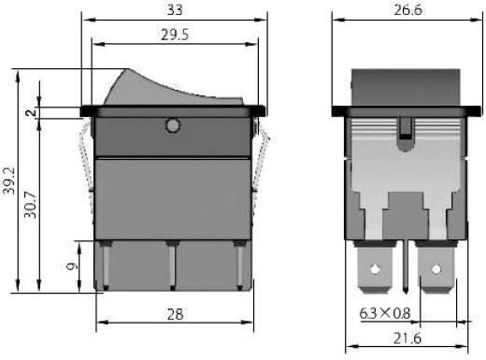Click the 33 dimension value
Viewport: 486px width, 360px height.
(x=175, y=9)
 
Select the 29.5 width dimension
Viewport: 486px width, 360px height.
(x=175, y=35)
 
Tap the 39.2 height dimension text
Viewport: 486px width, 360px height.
(x=9, y=180)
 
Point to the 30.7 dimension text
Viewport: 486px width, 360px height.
(x=30, y=205)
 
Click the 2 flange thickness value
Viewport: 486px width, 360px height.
(x=31, y=112)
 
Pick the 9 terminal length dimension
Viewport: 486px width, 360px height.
(x=72, y=266)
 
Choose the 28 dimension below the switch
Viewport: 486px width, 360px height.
(x=175, y=314)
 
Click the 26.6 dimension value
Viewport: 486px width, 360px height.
(x=407, y=10)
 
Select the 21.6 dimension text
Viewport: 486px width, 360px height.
(x=407, y=338)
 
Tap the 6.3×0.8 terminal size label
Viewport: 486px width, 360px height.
(x=385, y=313)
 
